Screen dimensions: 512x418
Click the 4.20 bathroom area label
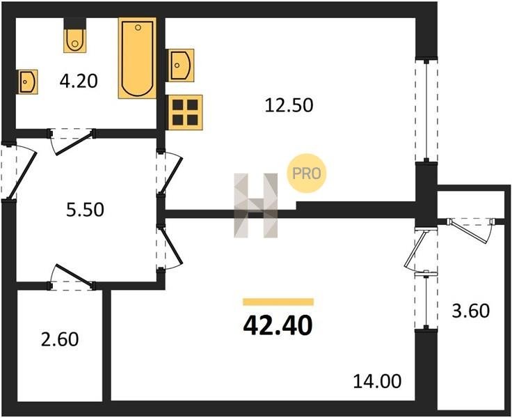79,81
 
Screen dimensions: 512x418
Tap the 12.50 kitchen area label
289,105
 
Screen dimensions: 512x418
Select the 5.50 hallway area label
85,210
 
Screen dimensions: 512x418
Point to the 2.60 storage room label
60,339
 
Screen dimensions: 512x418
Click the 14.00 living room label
378,381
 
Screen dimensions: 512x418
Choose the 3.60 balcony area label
470,311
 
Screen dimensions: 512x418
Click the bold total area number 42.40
278,326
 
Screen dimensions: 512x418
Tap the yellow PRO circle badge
306,173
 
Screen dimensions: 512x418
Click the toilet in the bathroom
75,36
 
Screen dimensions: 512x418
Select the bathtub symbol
138,58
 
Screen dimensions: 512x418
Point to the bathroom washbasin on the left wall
27,82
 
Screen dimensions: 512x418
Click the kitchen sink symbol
180,65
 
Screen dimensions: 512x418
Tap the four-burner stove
185,113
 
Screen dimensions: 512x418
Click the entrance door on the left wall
20,171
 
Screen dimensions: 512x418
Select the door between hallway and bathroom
72,141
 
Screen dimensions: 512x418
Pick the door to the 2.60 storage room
72,277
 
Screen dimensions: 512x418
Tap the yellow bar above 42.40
278,302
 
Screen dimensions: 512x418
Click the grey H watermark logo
256,206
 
